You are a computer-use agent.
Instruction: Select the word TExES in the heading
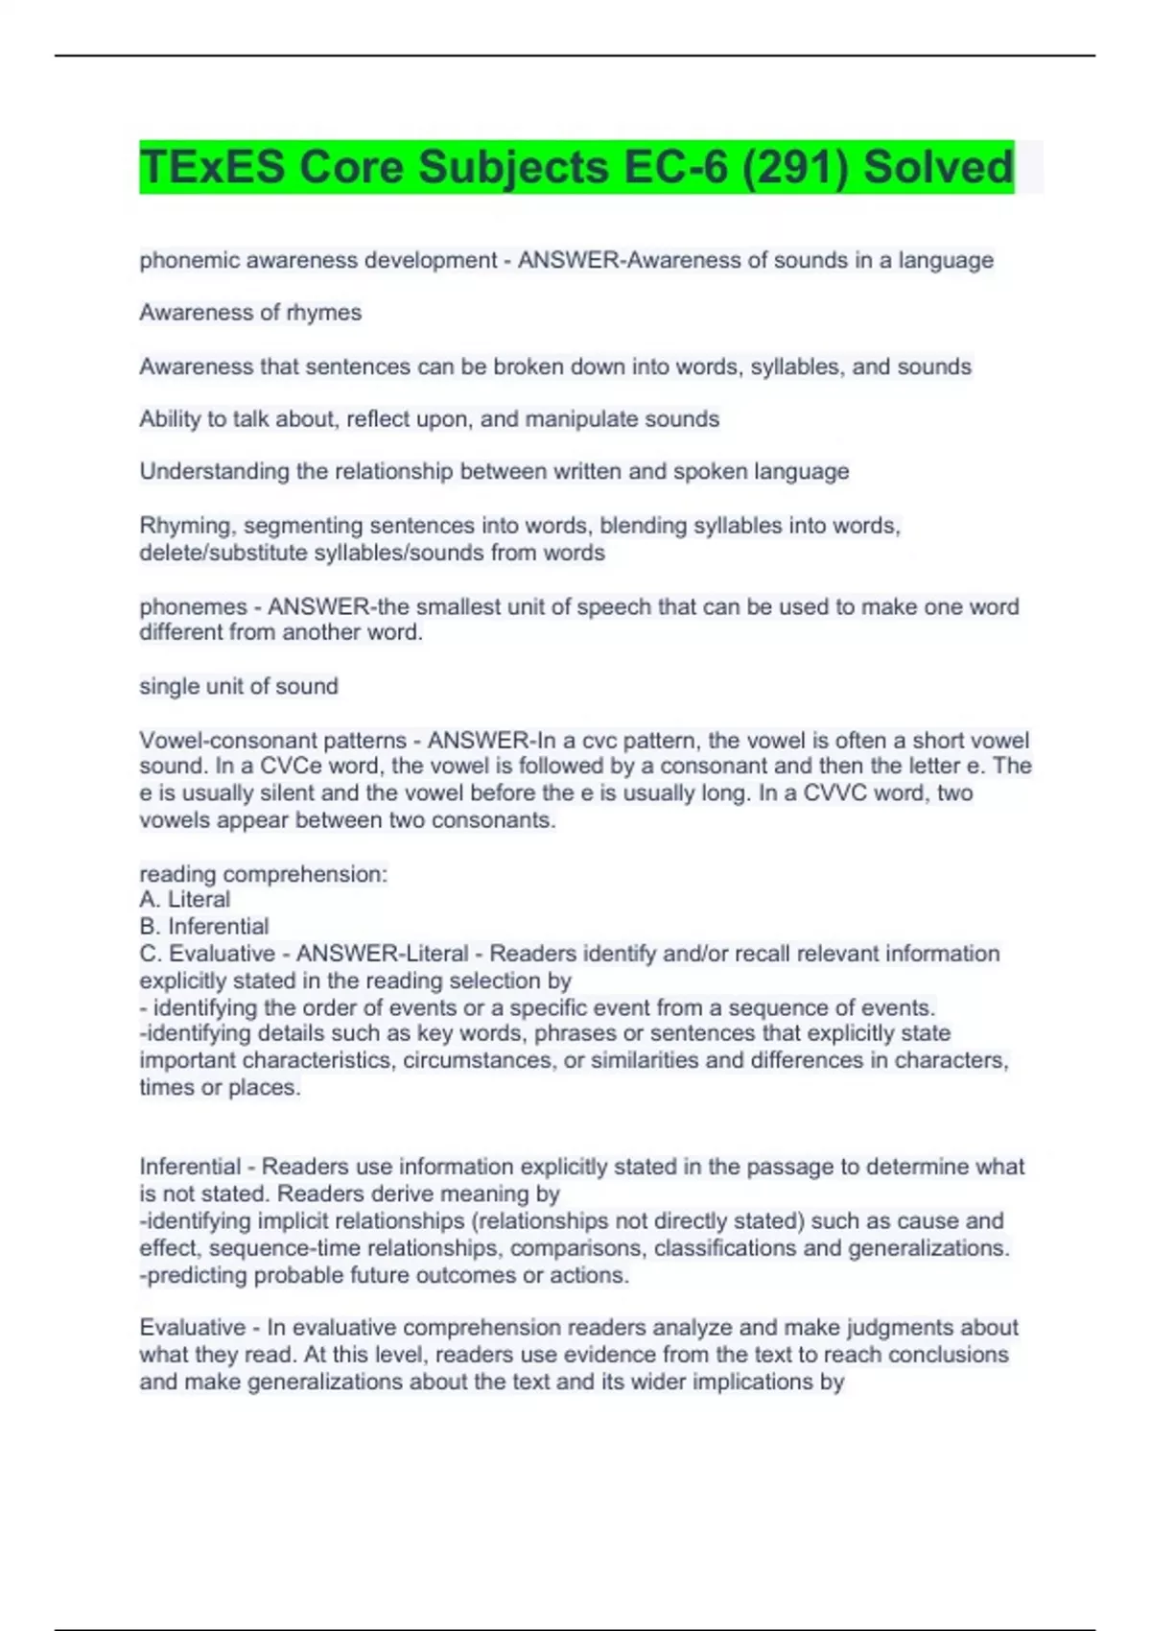212,167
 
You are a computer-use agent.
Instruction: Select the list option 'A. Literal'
185,900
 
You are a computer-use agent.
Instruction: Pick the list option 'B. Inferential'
204,927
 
